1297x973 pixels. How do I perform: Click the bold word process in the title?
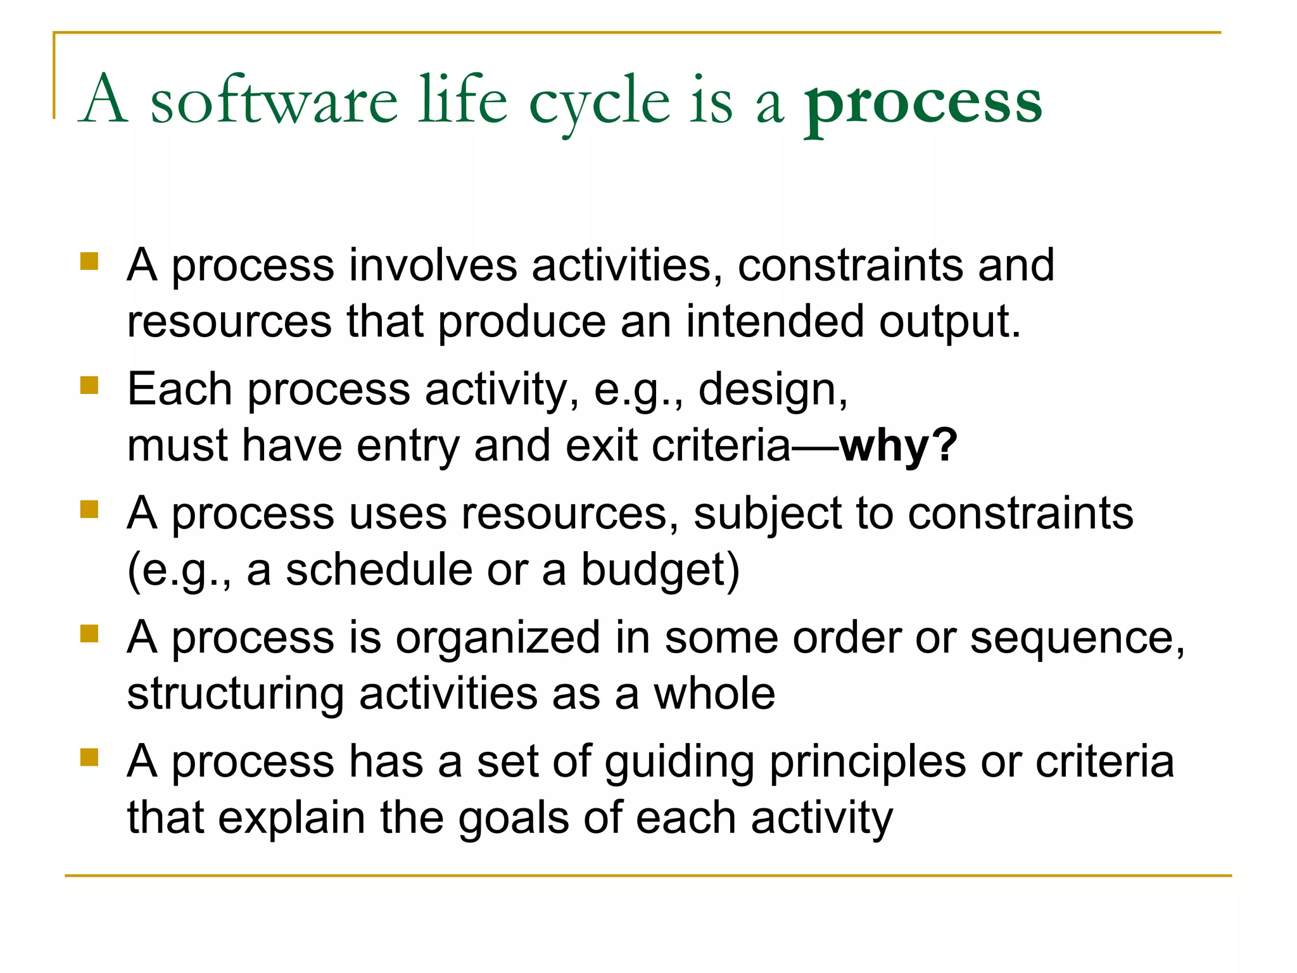[923, 104]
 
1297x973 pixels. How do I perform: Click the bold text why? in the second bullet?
[898, 445]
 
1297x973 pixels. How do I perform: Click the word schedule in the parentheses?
[379, 569]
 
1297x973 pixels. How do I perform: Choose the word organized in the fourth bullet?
[498, 637]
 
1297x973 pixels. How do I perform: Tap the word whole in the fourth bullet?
[714, 694]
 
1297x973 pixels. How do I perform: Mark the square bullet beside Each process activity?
[90, 385]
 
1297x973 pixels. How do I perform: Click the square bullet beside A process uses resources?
[90, 509]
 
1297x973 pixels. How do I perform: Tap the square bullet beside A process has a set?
[90, 758]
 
